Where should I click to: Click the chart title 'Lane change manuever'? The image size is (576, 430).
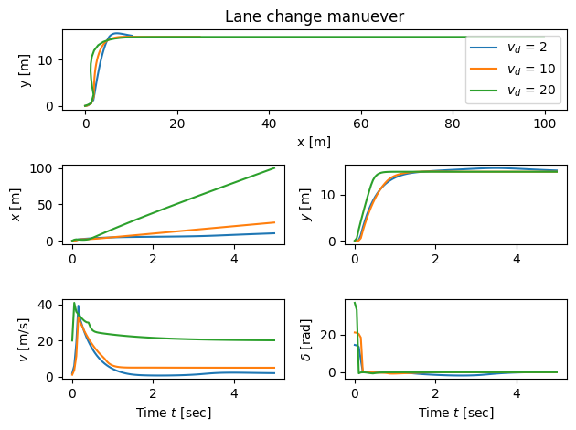click(315, 16)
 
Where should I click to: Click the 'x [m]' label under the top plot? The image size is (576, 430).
click(315, 142)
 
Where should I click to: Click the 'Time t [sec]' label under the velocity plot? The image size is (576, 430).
click(173, 413)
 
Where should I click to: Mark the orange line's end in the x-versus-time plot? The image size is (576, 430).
click(274, 222)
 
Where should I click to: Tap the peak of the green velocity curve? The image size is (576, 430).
click(74, 303)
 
